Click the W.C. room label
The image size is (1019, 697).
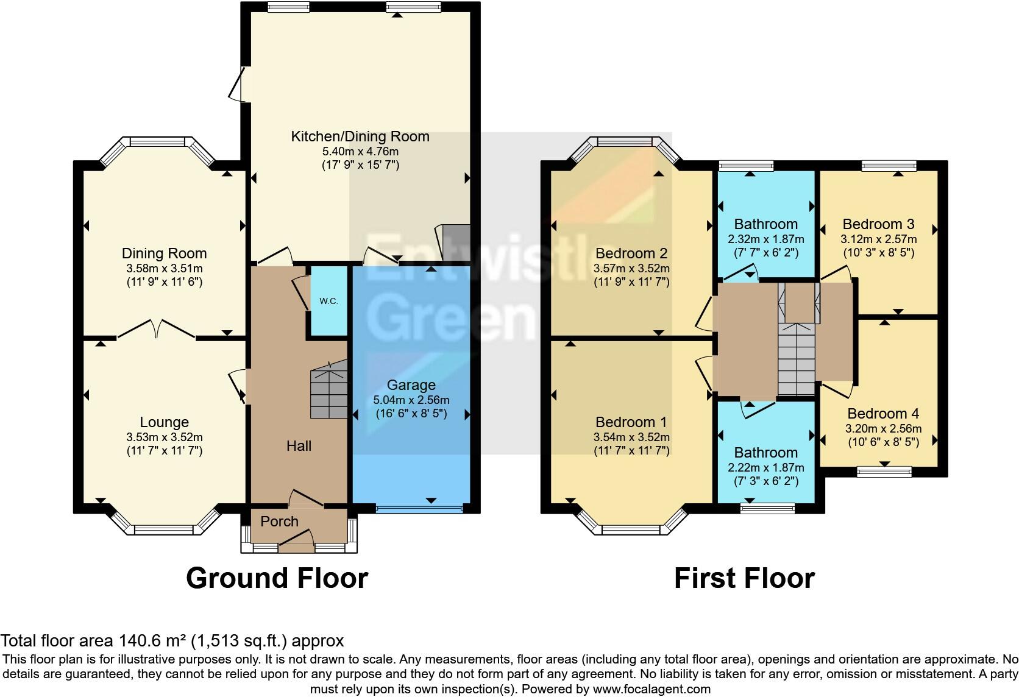point(328,301)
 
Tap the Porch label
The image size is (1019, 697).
point(279,522)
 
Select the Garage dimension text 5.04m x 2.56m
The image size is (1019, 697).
point(411,400)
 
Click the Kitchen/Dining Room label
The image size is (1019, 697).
point(360,136)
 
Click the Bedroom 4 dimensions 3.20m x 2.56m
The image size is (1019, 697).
point(883,428)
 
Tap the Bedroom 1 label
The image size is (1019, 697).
point(631,422)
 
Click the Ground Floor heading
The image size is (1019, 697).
point(277,578)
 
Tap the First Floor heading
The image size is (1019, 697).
point(744,578)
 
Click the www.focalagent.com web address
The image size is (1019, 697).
point(652,689)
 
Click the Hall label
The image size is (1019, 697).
point(299,446)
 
